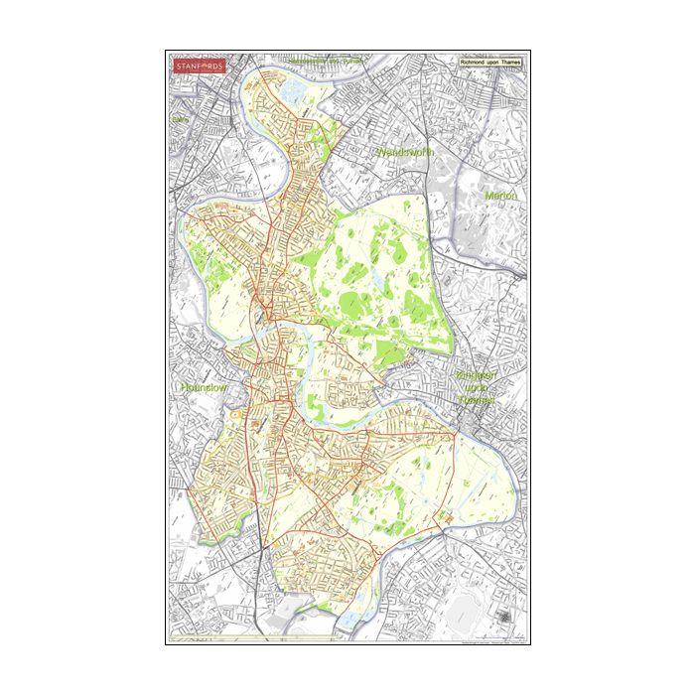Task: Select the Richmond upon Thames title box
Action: [490, 63]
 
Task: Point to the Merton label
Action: [501, 196]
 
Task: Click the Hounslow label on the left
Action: [204, 386]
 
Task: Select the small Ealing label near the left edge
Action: [180, 119]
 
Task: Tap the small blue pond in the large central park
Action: [378, 285]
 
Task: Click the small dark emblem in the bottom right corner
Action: [505, 618]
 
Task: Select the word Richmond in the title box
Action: [474, 63]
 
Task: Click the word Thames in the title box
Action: [510, 63]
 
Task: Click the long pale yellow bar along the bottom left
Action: [248, 637]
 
